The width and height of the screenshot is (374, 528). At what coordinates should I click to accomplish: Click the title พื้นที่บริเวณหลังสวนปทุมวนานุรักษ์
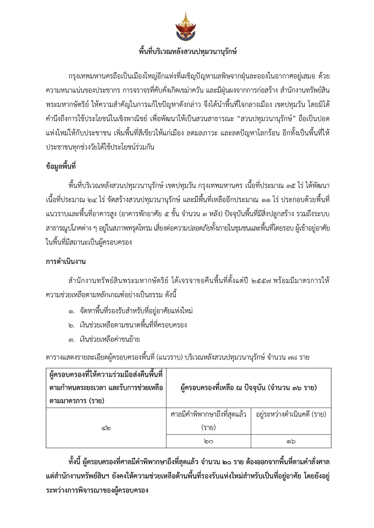pos(187,51)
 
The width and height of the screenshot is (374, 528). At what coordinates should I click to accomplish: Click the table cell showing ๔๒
pos(106,428)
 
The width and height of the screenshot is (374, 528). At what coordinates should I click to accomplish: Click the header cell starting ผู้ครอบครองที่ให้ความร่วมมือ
pos(106,387)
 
